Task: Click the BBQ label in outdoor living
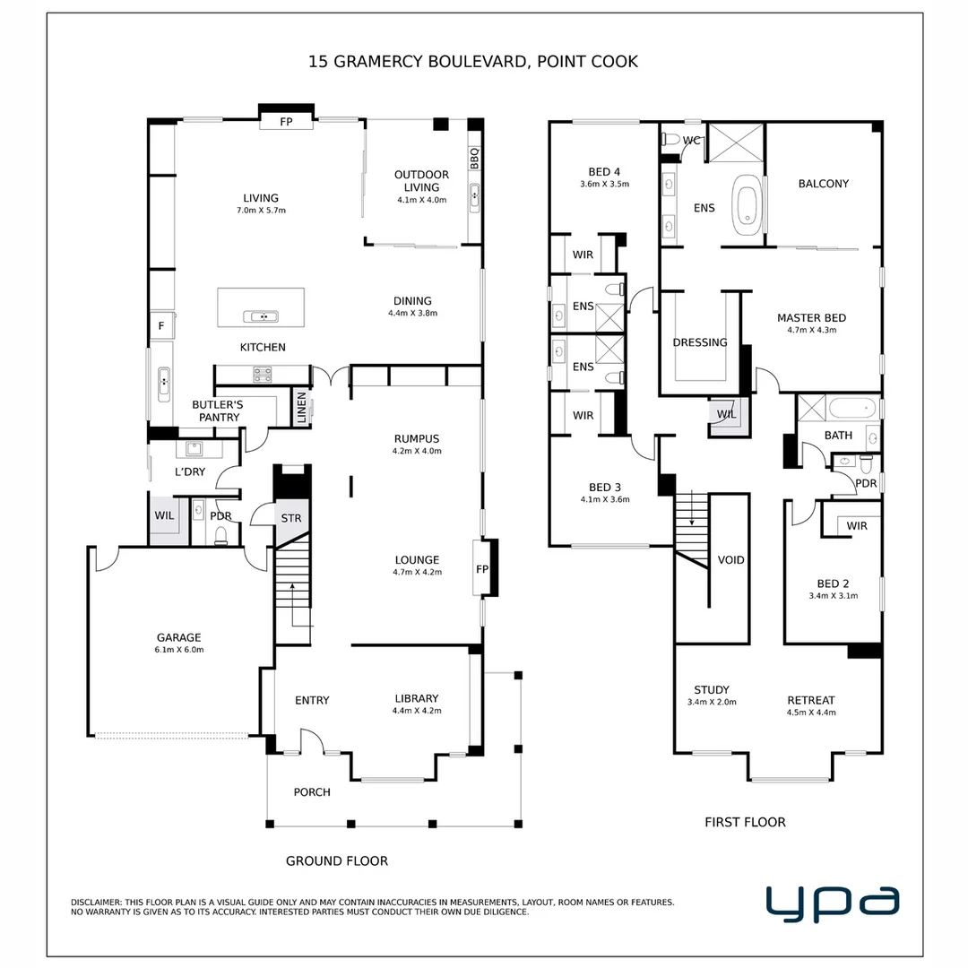pyautogui.click(x=474, y=159)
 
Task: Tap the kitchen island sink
pyautogui.click(x=261, y=316)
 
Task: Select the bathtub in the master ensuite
pyautogui.click(x=747, y=205)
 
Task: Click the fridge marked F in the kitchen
pyautogui.click(x=161, y=325)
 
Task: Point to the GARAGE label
pyautogui.click(x=179, y=637)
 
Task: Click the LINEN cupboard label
pyautogui.click(x=302, y=408)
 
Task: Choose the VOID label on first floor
pyautogui.click(x=731, y=560)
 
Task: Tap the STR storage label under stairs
pyautogui.click(x=291, y=518)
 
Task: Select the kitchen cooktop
pyautogui.click(x=263, y=374)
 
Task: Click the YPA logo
pyautogui.click(x=832, y=903)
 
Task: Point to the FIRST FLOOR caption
pyautogui.click(x=745, y=822)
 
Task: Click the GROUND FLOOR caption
pyautogui.click(x=337, y=860)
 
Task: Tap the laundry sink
pyautogui.click(x=195, y=448)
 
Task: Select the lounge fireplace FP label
pyautogui.click(x=482, y=569)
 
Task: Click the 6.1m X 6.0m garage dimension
pyautogui.click(x=179, y=650)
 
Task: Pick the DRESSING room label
pyautogui.click(x=700, y=342)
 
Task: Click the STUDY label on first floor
pyautogui.click(x=712, y=689)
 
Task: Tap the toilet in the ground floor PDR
pyautogui.click(x=221, y=534)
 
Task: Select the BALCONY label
pyautogui.click(x=824, y=184)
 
